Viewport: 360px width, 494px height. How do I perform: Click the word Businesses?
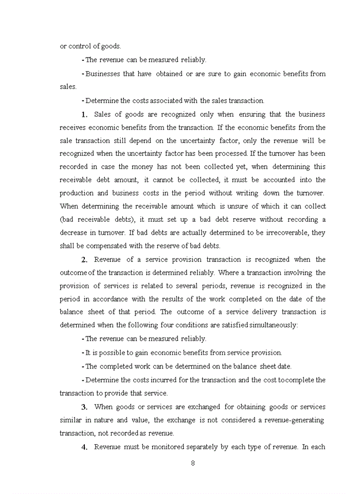(104, 74)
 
